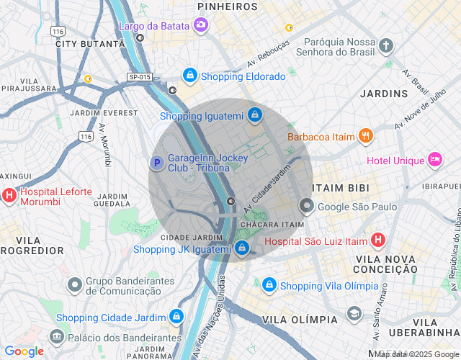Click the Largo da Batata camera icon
(x=201, y=26)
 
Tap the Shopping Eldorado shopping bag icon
(x=189, y=75)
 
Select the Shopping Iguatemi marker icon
(x=255, y=114)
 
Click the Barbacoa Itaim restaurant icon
(x=366, y=135)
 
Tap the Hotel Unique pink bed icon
(x=435, y=159)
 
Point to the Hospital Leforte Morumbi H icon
(x=9, y=194)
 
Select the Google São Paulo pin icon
(x=307, y=207)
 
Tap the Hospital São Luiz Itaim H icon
(x=378, y=240)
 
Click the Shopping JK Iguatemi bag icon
(x=242, y=248)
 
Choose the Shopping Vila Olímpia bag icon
(x=269, y=285)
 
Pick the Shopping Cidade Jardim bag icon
(x=175, y=317)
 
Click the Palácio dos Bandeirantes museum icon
(x=56, y=336)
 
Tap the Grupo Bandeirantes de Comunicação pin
(x=74, y=285)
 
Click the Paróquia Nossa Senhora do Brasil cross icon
(x=386, y=47)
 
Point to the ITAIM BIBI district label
(x=341, y=188)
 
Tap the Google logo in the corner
(x=24, y=351)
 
